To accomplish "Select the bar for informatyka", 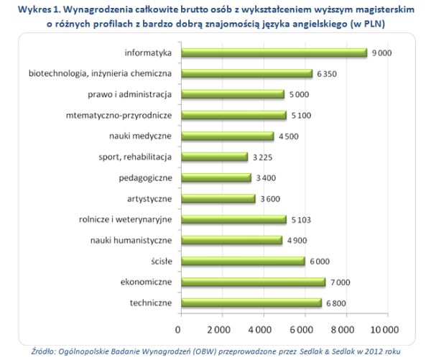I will (x=273, y=52).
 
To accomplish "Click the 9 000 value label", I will (x=379, y=52).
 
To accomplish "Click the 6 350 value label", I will (x=326, y=73).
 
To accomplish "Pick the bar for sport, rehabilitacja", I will (x=213, y=157).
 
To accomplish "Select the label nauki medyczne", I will (x=141, y=136).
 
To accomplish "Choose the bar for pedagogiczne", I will (x=215, y=177).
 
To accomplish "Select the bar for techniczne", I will (x=251, y=303).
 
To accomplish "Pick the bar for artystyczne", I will (x=217, y=198).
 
